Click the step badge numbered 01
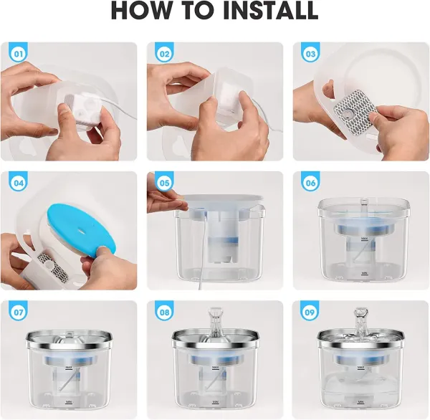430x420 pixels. click(19, 53)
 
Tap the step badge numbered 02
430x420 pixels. click(164, 53)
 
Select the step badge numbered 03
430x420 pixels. click(310, 53)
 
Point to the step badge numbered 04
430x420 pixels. click(19, 183)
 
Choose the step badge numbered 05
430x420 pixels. click(164, 183)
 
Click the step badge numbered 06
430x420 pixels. click(310, 183)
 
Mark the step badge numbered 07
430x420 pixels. click(19, 312)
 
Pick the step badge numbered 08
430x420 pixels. click(164, 312)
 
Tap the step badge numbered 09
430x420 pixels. click(310, 312)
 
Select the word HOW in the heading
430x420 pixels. click(138, 11)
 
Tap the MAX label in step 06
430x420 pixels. click(365, 239)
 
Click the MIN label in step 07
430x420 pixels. click(69, 402)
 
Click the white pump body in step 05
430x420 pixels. click(220, 237)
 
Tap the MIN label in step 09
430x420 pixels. click(360, 403)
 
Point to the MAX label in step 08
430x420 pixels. click(216, 368)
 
